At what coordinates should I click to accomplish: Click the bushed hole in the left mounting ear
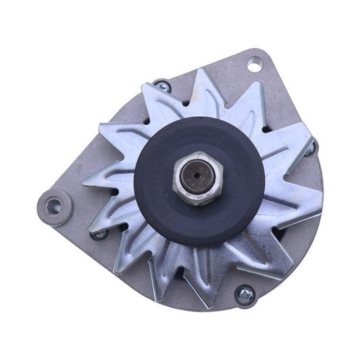[53, 206]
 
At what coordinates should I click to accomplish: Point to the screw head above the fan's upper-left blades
[161, 86]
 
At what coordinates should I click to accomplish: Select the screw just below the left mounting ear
[101, 234]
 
